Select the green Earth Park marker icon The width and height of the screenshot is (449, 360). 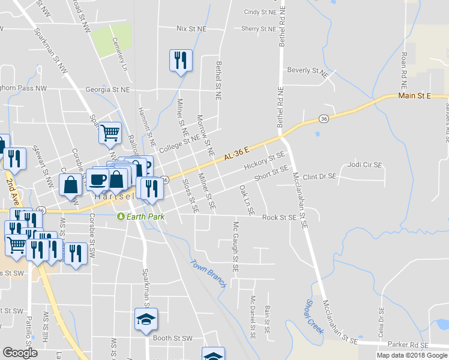tap(120, 216)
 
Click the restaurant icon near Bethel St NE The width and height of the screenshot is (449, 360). tap(181, 60)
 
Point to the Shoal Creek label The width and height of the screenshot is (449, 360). tap(315, 316)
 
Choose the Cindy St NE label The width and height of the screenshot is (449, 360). tap(260, 11)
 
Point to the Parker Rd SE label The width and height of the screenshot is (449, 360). tap(408, 346)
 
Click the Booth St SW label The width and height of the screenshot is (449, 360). tap(173, 338)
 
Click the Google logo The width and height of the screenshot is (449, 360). tap(20, 353)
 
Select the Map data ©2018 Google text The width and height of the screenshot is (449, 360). tap(412, 355)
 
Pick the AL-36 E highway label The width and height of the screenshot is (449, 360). tap(238, 153)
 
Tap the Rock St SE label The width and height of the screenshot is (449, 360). tap(279, 217)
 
